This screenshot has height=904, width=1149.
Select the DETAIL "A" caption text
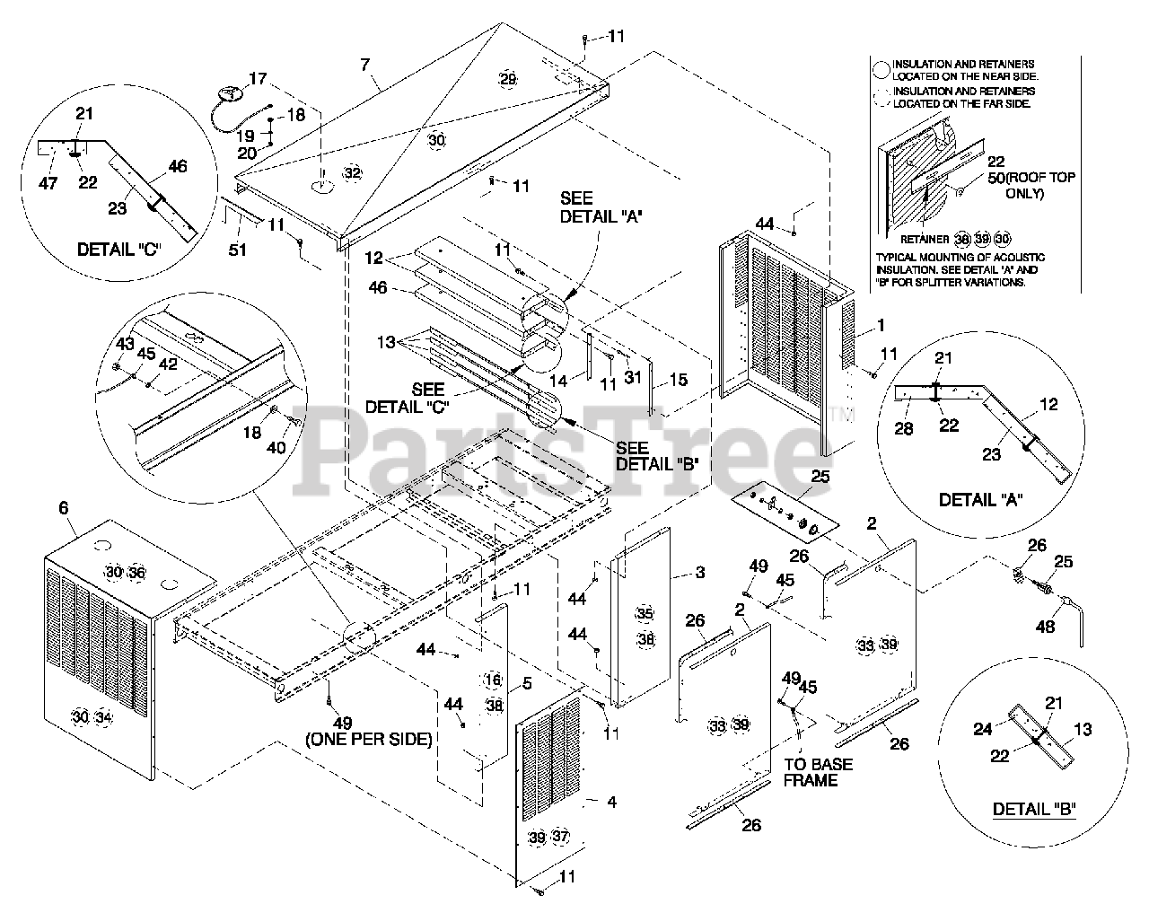[x=980, y=498]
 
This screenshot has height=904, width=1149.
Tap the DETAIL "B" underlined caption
[x=1034, y=809]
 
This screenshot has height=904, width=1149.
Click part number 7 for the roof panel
[x=364, y=65]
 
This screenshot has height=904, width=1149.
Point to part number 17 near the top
[x=258, y=79]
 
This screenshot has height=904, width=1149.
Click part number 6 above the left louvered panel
[x=64, y=508]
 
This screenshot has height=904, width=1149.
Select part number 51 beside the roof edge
[x=237, y=250]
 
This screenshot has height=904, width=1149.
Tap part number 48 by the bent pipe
[x=1046, y=628]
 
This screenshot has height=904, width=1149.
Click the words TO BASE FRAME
[x=817, y=772]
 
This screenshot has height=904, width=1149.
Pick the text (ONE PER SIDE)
[x=368, y=740]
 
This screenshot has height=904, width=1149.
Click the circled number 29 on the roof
[x=508, y=80]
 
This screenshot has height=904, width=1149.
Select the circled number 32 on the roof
[x=353, y=172]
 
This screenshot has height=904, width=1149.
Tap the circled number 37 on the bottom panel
[x=560, y=836]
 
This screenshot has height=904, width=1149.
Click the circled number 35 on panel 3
[x=645, y=614]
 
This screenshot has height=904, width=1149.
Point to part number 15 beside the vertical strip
[x=678, y=380]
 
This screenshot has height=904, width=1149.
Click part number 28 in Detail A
[x=904, y=428]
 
